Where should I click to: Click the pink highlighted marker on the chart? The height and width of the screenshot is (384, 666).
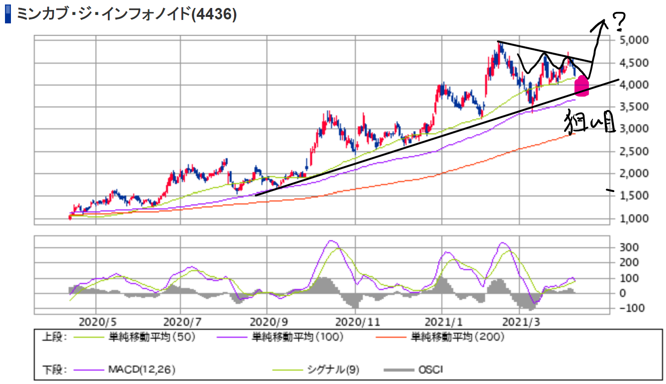tap(582, 87)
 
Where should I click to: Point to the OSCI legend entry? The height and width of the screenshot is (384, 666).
tap(431, 370)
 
